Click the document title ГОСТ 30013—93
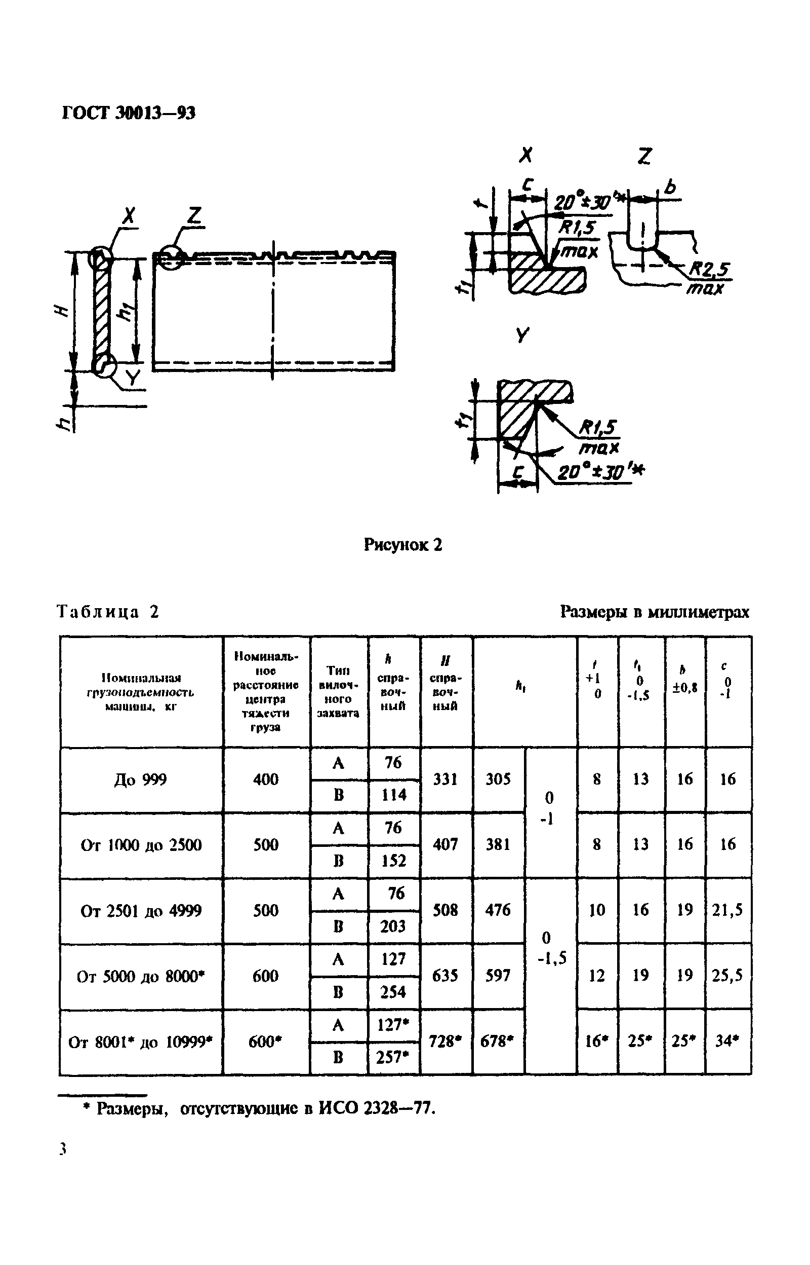[129, 113]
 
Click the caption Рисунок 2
[403, 544]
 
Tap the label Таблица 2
[108, 612]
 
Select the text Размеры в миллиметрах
[654, 612]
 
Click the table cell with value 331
[445, 779]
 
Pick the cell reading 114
[394, 795]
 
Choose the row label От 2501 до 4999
[141, 911]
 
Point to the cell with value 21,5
[727, 910]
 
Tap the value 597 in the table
[498, 976]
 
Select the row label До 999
[140, 779]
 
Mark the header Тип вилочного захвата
[338, 692]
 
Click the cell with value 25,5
[727, 976]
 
